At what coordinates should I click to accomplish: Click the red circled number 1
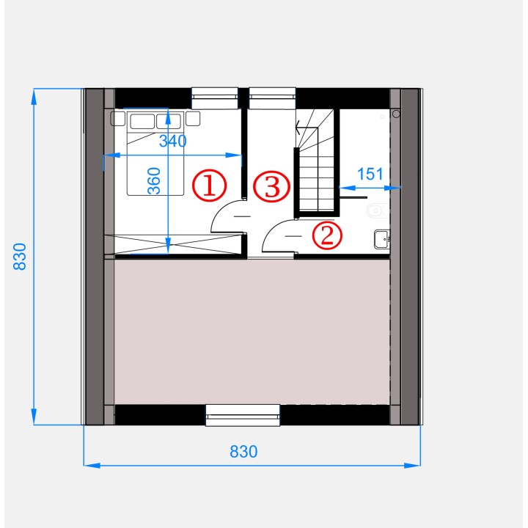click(x=209, y=186)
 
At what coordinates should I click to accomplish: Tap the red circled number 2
click(x=326, y=235)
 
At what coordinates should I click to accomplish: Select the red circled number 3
click(x=271, y=186)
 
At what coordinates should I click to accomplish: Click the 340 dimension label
click(x=173, y=141)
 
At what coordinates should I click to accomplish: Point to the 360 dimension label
click(x=154, y=181)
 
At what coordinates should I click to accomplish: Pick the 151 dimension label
click(x=370, y=174)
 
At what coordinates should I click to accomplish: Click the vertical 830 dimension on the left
click(x=20, y=256)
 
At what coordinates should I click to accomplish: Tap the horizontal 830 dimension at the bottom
click(x=243, y=452)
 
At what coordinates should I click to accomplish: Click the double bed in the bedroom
click(x=155, y=153)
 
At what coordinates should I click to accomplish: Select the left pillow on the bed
click(x=142, y=122)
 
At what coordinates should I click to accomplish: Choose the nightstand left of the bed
click(x=118, y=119)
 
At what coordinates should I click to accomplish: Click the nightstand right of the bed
click(x=193, y=119)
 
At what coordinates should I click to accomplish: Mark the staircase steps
click(x=317, y=161)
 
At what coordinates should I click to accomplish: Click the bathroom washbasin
click(x=382, y=239)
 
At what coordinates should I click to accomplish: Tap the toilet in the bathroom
click(x=377, y=211)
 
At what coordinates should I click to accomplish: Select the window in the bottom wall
click(x=243, y=416)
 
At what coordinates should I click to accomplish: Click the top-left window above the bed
click(x=215, y=98)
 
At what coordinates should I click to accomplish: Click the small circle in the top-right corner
click(x=396, y=114)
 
